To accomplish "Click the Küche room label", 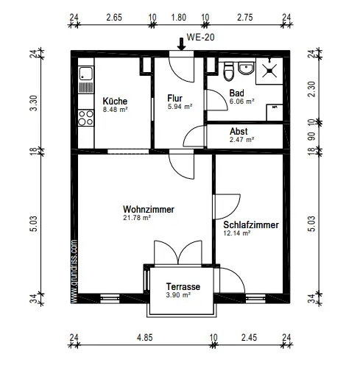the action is point(115,101).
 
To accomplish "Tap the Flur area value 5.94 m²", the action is point(180,107).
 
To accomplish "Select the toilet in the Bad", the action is point(228,71).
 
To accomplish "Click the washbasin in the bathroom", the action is point(246,68).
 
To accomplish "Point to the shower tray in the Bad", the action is point(269,71).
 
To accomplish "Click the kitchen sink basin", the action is point(85,73).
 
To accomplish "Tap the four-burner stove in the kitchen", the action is point(86,118).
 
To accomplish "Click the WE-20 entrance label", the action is point(200,38).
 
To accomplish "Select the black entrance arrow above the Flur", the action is point(181,44).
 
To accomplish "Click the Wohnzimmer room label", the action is point(149,209).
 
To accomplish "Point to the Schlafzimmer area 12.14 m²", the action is point(237,233).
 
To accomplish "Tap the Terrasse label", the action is point(183,286).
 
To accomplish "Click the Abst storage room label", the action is point(239,132).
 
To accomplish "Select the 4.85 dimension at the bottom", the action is point(145,338).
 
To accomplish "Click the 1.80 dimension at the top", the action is point(179,18).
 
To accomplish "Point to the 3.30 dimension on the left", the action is point(34,103).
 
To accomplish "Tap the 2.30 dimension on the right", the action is point(311,89).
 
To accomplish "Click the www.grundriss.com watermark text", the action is point(74,272).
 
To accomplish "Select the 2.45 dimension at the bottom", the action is point(249,338).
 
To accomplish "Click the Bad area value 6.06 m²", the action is point(241,101).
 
